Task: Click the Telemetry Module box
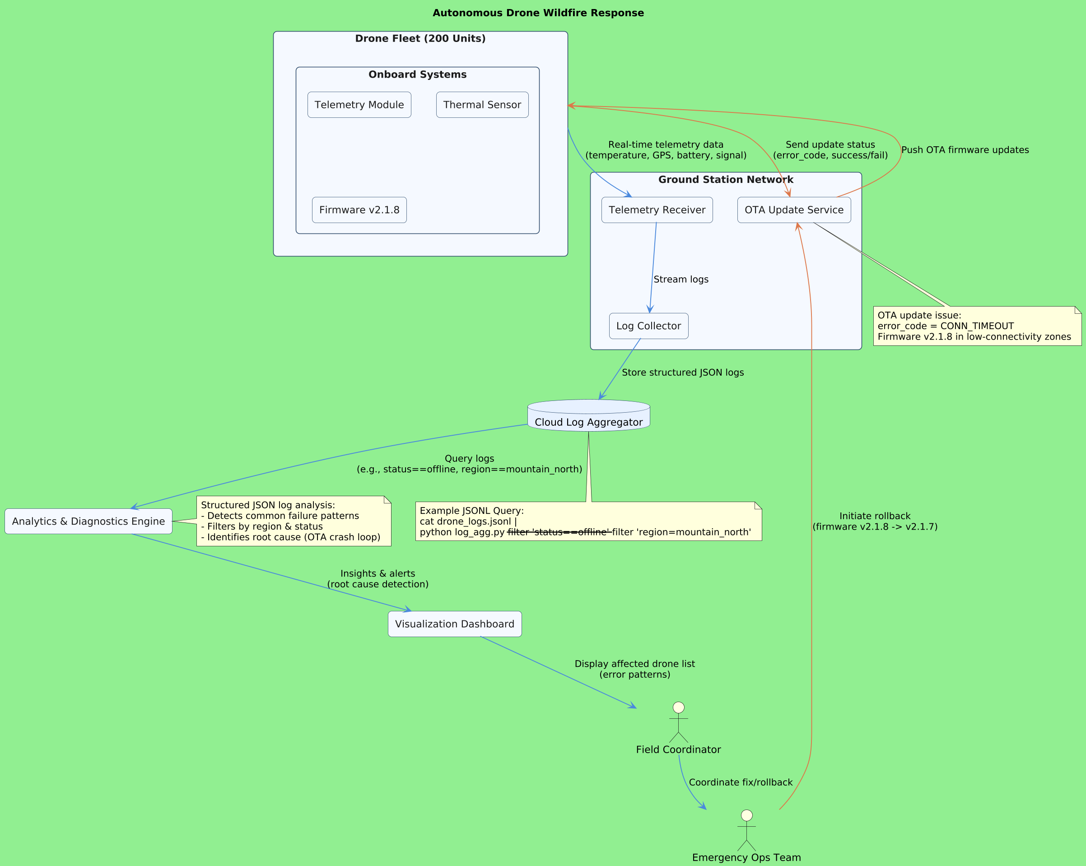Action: pyautogui.click(x=359, y=105)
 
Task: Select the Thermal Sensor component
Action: pyautogui.click(x=482, y=105)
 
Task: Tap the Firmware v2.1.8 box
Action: pyautogui.click(x=359, y=210)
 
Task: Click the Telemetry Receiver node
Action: pyautogui.click(x=657, y=210)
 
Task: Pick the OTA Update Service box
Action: pyautogui.click(x=794, y=210)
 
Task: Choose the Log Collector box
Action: pyautogui.click(x=648, y=326)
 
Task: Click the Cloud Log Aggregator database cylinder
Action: pyautogui.click(x=588, y=416)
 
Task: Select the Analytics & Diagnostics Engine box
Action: pyautogui.click(x=88, y=521)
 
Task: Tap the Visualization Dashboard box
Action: pyautogui.click(x=454, y=624)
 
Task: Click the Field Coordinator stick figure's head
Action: pyautogui.click(x=679, y=708)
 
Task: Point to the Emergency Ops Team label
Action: pyautogui.click(x=746, y=857)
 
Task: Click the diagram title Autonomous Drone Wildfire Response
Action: pyautogui.click(x=538, y=13)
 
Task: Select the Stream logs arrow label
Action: pyautogui.click(x=680, y=279)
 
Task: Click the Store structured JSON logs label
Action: pyautogui.click(x=682, y=373)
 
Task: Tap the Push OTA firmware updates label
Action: pyautogui.click(x=965, y=150)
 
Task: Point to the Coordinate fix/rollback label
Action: pyautogui.click(x=741, y=782)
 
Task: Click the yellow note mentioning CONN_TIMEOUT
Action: pyautogui.click(x=977, y=326)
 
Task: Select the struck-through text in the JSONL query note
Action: pyautogui.click(x=559, y=532)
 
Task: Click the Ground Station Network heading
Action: pyautogui.click(x=725, y=180)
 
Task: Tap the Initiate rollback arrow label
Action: pyautogui.click(x=874, y=521)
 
